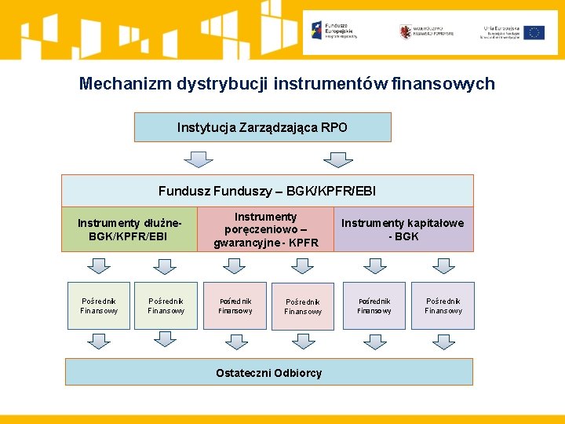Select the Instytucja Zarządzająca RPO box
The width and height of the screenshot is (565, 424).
262,127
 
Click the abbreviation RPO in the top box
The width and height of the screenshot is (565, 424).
334,127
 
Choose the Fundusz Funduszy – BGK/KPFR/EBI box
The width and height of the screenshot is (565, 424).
267,191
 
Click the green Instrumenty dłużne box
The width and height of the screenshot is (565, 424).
129,229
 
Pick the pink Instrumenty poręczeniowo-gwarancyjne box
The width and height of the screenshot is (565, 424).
266,229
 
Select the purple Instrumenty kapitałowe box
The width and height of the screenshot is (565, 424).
403,229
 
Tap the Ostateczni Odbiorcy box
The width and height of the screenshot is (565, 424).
268,372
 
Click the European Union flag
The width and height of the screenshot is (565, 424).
535,32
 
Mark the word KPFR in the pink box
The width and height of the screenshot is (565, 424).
303,243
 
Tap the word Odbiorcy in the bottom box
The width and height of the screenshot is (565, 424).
297,373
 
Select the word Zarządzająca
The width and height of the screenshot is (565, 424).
281,127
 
